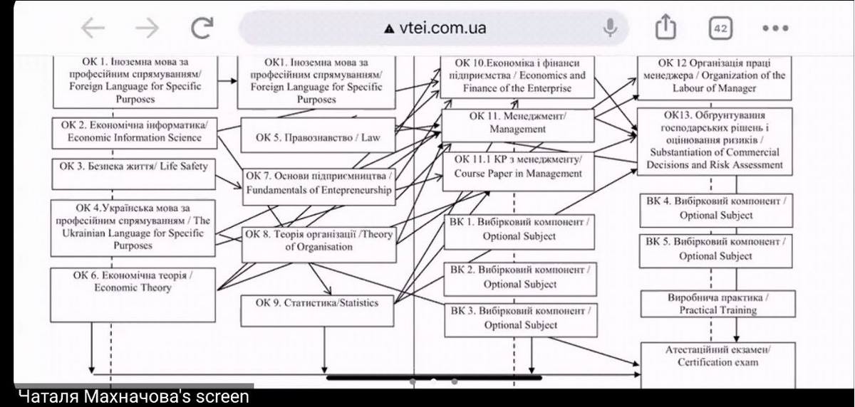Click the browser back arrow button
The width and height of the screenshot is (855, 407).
click(93, 28)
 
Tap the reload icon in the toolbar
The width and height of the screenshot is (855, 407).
click(202, 28)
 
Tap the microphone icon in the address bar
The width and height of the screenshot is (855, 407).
click(610, 28)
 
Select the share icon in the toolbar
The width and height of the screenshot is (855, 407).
click(665, 28)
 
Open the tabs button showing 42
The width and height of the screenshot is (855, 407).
click(720, 28)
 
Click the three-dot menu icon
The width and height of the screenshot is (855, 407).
click(775, 28)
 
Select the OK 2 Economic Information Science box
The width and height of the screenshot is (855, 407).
click(134, 132)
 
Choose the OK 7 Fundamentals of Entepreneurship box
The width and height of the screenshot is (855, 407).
click(318, 183)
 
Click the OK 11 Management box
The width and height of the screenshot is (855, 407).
click(518, 122)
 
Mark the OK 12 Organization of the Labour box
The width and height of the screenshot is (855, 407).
click(714, 75)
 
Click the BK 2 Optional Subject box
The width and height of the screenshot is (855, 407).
click(520, 278)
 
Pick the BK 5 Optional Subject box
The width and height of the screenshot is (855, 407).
click(715, 249)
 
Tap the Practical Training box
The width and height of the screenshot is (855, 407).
click(717, 304)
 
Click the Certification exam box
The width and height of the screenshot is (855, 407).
click(717, 362)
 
